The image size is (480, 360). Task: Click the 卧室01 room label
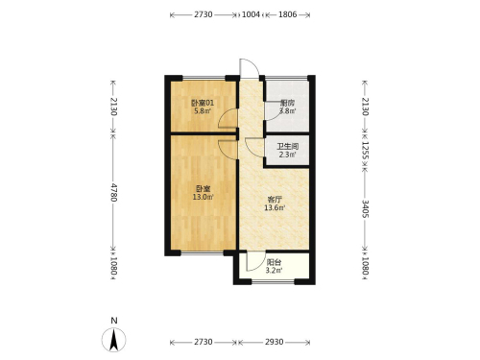pos(203,103)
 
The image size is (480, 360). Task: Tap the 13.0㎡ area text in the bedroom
pos(203,197)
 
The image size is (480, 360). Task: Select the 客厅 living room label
pos(275,200)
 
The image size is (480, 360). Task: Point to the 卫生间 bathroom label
pos(287,147)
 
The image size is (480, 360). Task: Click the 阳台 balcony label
pos(274,262)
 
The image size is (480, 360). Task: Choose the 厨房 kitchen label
pos(287,103)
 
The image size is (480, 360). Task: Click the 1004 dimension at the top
pos(251,14)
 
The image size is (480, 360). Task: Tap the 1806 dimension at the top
pos(288,14)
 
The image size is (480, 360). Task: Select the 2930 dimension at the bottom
pos(274,342)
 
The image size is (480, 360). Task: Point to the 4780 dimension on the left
pos(113,192)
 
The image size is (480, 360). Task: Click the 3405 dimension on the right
pos(365,208)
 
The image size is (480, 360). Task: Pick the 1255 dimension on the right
pos(365,151)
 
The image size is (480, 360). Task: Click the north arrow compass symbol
pos(113,340)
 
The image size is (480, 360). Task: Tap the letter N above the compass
pos(114,321)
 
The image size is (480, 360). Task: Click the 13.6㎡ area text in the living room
pos(275,208)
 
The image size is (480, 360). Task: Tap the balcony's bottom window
pos(273,282)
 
